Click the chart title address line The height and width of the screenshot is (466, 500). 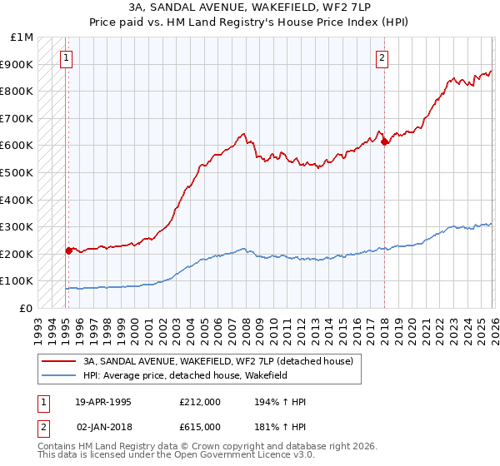249,8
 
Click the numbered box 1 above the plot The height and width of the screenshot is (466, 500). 66,57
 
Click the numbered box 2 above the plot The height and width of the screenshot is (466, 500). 382,57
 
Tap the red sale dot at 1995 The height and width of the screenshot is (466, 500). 68,250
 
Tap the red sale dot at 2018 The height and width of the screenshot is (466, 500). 384,142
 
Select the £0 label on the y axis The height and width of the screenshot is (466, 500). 25,308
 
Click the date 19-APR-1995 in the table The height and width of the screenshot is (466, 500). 103,402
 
